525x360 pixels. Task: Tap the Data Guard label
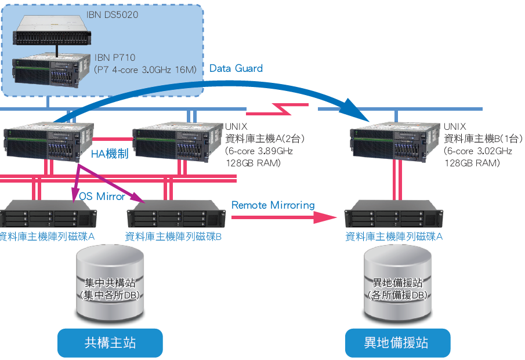tap(236, 68)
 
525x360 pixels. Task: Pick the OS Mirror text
tap(102, 197)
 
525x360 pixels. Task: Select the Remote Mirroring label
tap(273, 205)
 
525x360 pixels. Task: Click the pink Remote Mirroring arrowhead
tap(325, 217)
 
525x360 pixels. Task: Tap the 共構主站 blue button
tap(110, 343)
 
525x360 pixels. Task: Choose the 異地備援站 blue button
tap(397, 343)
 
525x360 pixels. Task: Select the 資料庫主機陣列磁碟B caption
tap(173, 237)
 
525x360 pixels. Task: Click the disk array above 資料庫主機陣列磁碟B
tap(176, 214)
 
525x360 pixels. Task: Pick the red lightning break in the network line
tap(281, 109)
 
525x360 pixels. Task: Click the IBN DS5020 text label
tap(118, 14)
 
